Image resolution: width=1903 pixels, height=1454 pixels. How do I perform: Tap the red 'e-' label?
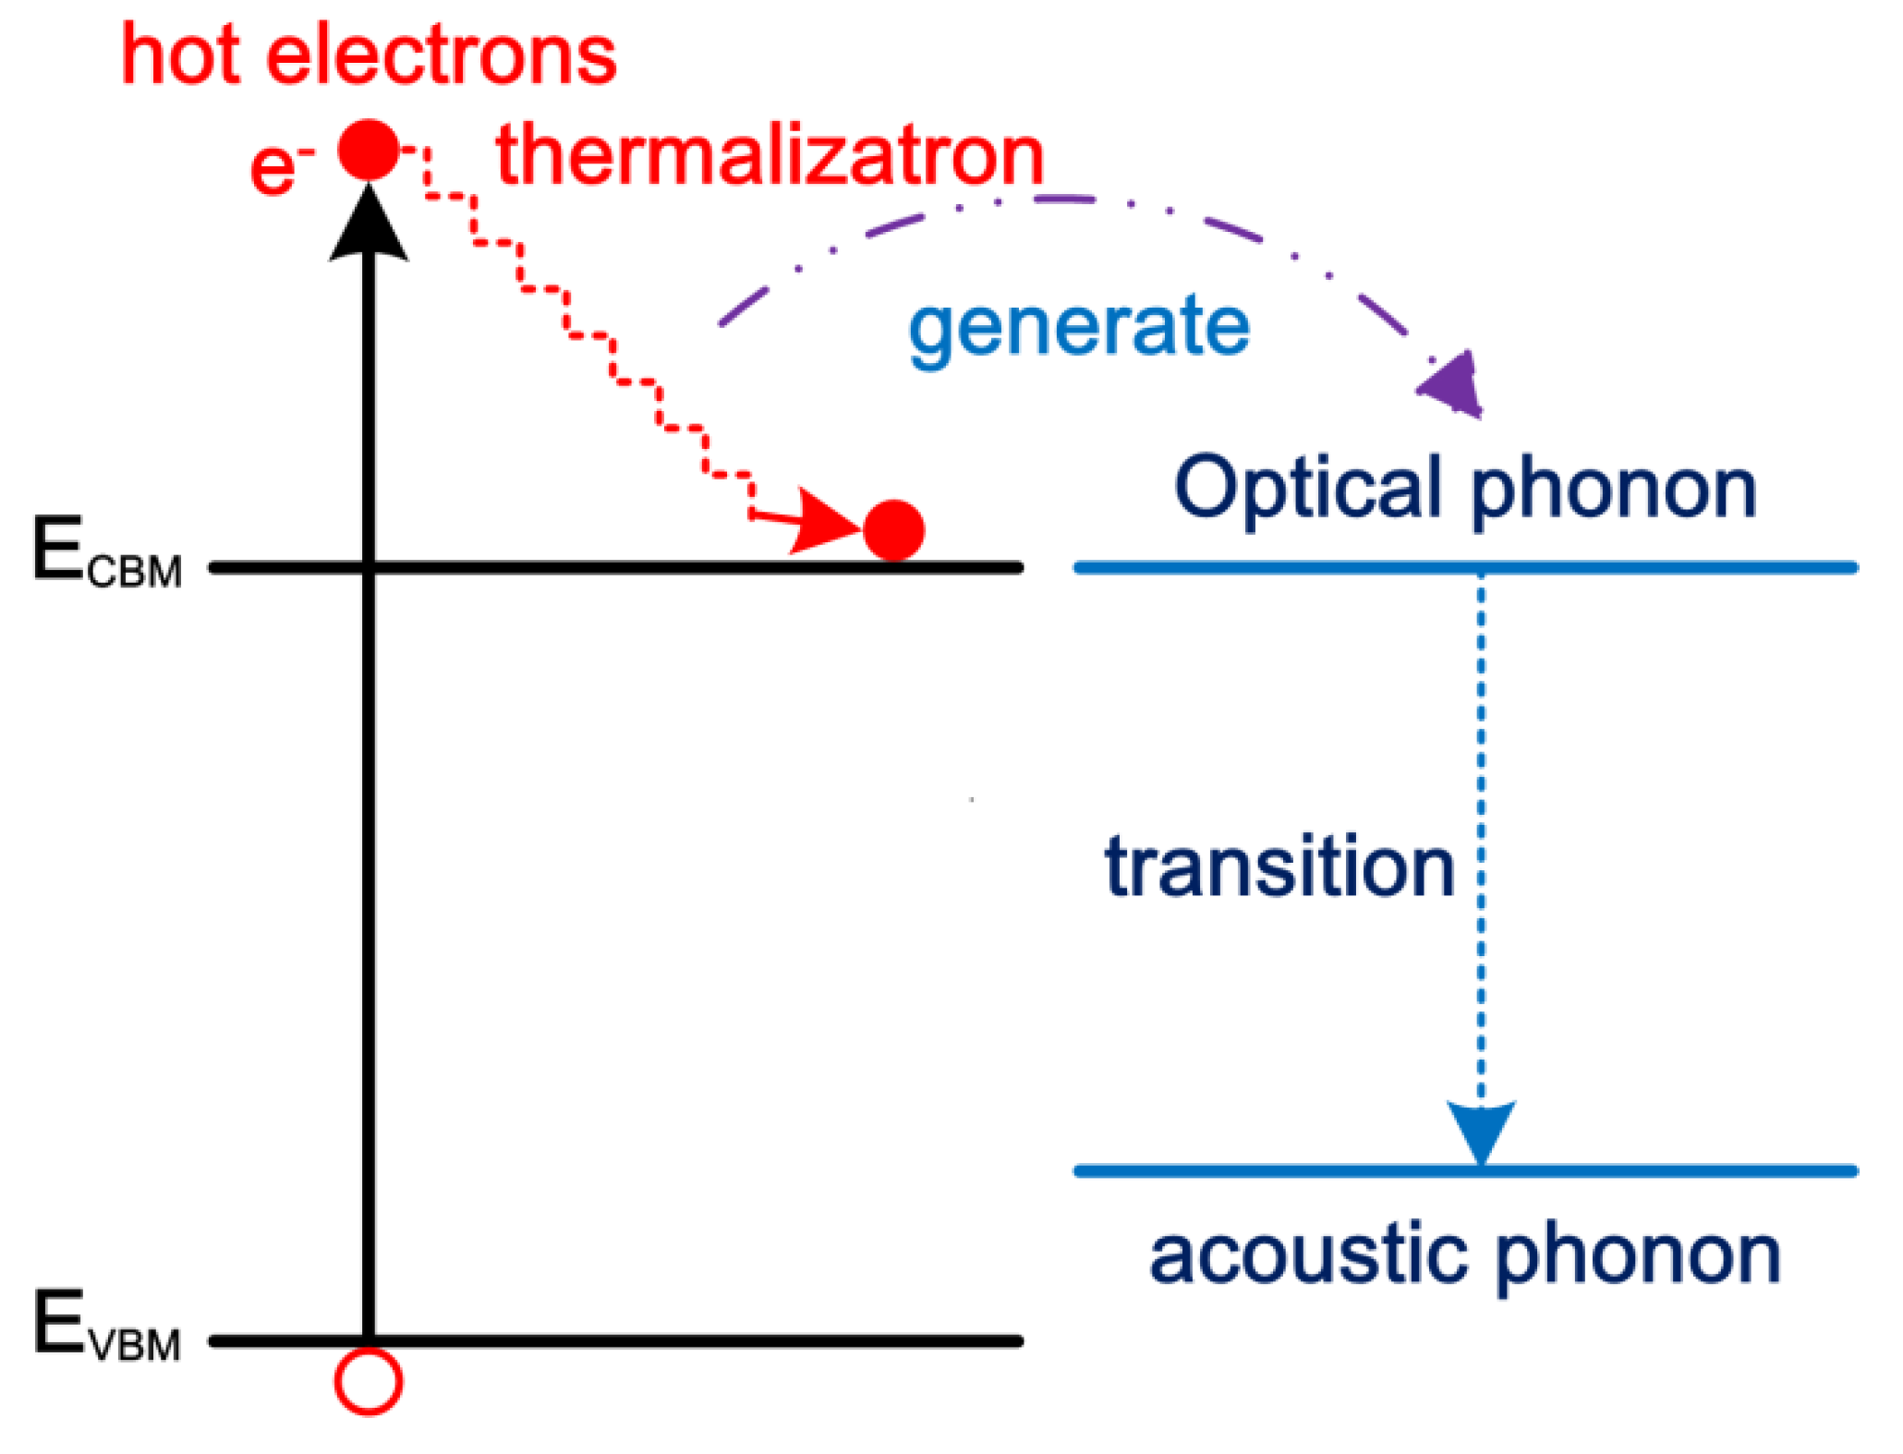(279, 168)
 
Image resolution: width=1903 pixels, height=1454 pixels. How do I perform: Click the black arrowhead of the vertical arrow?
(369, 226)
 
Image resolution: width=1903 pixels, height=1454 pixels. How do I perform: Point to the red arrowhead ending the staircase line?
(825, 523)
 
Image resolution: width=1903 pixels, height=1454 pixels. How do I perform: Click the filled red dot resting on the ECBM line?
(893, 530)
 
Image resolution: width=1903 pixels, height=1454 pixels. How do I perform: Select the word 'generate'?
(1078, 327)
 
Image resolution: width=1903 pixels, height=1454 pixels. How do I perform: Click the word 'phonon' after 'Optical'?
(1613, 490)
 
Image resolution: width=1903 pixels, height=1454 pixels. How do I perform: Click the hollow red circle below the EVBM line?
(369, 1381)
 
